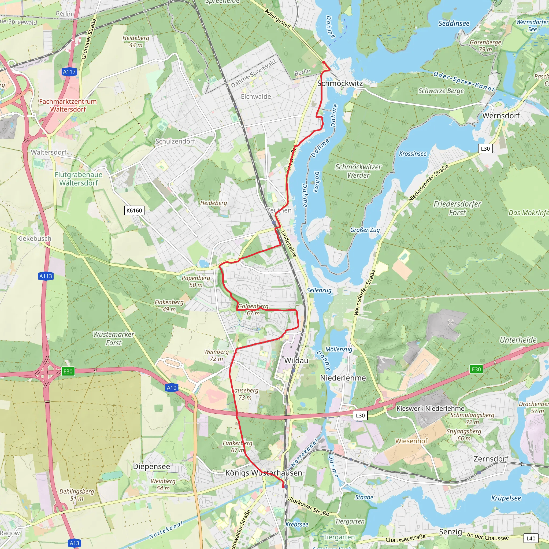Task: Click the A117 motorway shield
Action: point(69,72)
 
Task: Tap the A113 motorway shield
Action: point(46,276)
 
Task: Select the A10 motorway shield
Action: point(171,388)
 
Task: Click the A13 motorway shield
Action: point(75,543)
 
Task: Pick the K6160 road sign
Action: point(134,210)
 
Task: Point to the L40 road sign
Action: point(531,538)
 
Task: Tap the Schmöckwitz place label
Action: point(340,83)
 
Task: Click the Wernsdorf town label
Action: point(501,116)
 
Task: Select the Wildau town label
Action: point(296,360)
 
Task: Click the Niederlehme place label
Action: point(343,378)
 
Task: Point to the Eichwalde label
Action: point(256,97)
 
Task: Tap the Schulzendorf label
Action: point(175,141)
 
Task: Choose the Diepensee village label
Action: point(151,466)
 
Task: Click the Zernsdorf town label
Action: point(491,459)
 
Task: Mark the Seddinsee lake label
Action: point(454,23)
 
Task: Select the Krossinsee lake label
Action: point(413,154)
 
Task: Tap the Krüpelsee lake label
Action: point(506,498)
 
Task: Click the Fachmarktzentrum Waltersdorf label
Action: point(68,105)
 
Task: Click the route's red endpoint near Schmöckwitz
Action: point(324,62)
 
